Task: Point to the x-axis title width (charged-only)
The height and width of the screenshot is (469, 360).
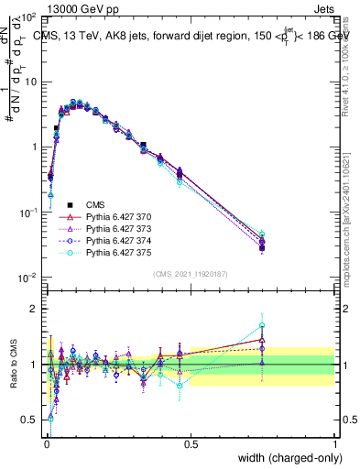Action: (284, 457)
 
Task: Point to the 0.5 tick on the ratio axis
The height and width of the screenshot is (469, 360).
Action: (31, 420)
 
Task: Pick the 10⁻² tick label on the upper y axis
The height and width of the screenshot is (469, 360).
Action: (28, 278)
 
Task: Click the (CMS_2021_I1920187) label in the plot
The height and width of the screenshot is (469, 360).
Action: (190, 274)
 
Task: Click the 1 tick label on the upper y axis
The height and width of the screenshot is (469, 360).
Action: (36, 147)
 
